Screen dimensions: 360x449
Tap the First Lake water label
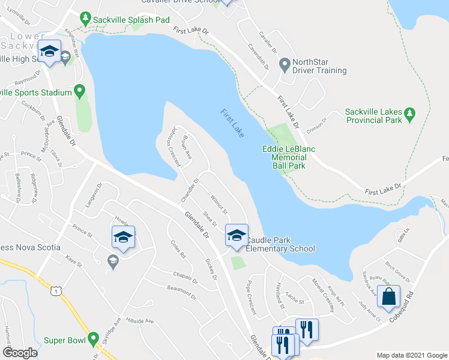click(232, 123)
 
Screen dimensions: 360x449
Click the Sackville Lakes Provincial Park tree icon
click(410, 113)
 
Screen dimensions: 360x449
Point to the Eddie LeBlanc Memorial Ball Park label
click(288, 157)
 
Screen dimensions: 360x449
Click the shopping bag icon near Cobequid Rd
click(389, 298)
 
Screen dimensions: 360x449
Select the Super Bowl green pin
click(93, 340)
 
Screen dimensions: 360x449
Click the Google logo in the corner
click(20, 352)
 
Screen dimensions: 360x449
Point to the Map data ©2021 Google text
click(412, 355)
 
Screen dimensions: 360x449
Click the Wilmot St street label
click(218, 203)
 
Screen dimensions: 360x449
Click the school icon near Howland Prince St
click(123, 238)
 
